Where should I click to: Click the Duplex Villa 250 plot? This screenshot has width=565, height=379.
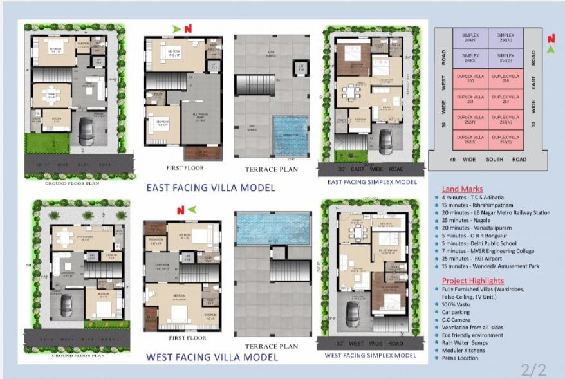pyautogui.click(x=470, y=79)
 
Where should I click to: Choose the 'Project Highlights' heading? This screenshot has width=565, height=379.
pyautogui.click(x=473, y=281)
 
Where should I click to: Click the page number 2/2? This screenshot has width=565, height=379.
pyautogui.click(x=533, y=369)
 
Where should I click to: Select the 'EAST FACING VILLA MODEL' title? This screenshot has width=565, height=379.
pyautogui.click(x=210, y=188)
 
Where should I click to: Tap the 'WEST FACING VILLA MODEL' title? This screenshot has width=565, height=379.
pyautogui.click(x=212, y=356)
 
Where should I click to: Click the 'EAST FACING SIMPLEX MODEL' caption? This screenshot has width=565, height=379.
pyautogui.click(x=372, y=182)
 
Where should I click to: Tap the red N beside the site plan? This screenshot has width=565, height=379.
pyautogui.click(x=551, y=39)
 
